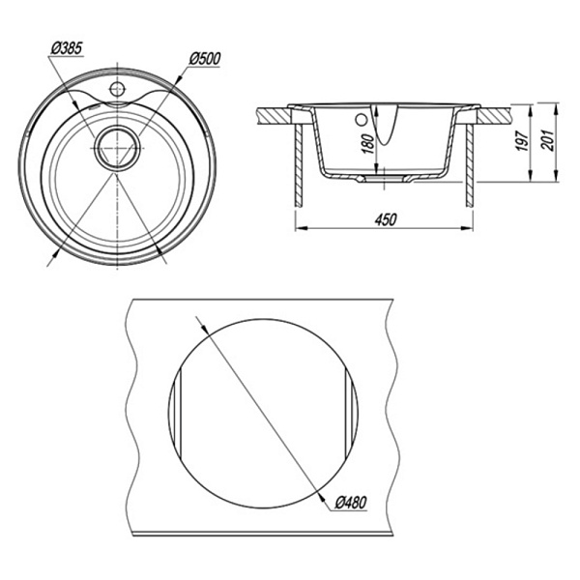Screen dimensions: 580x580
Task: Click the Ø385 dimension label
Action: (67, 49)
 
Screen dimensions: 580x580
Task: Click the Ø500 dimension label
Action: (205, 59)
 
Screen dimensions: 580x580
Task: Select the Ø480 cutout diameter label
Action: (351, 503)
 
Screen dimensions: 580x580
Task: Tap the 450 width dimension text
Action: (386, 219)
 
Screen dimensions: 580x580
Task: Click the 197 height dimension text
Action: (523, 140)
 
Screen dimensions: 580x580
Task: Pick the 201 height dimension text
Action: (547, 140)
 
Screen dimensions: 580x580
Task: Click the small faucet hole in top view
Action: (117, 89)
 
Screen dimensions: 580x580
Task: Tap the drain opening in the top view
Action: (117, 148)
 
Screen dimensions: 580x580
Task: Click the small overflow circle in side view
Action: (361, 120)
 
